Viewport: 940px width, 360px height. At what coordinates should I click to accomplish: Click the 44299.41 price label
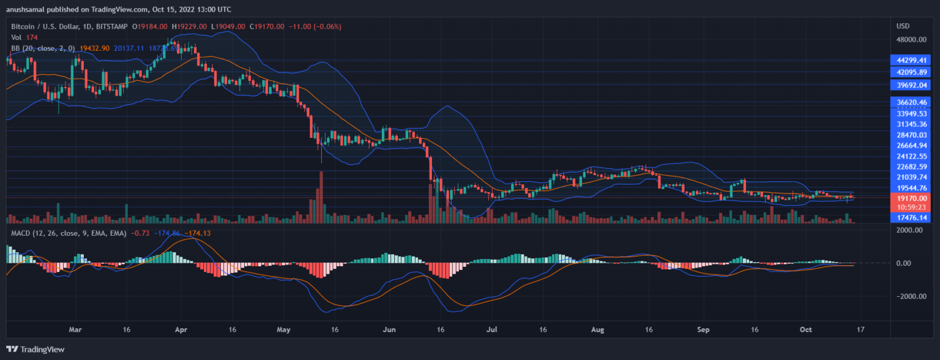coord(911,60)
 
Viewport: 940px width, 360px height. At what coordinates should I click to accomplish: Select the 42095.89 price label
coord(911,72)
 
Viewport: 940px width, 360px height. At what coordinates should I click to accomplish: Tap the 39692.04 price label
coord(911,85)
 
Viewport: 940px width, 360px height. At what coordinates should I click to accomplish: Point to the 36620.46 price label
coord(911,102)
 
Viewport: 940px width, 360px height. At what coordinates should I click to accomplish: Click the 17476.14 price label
coord(911,217)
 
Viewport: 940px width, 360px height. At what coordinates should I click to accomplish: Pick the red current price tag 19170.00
coord(911,198)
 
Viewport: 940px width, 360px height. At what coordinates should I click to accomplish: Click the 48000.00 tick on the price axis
coord(911,40)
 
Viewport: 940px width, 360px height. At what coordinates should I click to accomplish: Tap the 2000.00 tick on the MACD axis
coord(911,230)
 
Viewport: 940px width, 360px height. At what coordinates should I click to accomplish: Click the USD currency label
coord(903,26)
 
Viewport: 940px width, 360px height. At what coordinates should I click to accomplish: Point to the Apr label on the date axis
coord(181,329)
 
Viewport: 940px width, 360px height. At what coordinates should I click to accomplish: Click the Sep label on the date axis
coord(703,329)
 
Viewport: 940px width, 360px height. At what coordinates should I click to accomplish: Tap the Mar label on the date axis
coord(75,329)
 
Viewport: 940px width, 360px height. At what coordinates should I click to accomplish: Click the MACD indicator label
coord(23,233)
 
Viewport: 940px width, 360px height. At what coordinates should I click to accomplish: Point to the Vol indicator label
coord(17,37)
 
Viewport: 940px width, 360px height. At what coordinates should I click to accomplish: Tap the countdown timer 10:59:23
coord(911,207)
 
